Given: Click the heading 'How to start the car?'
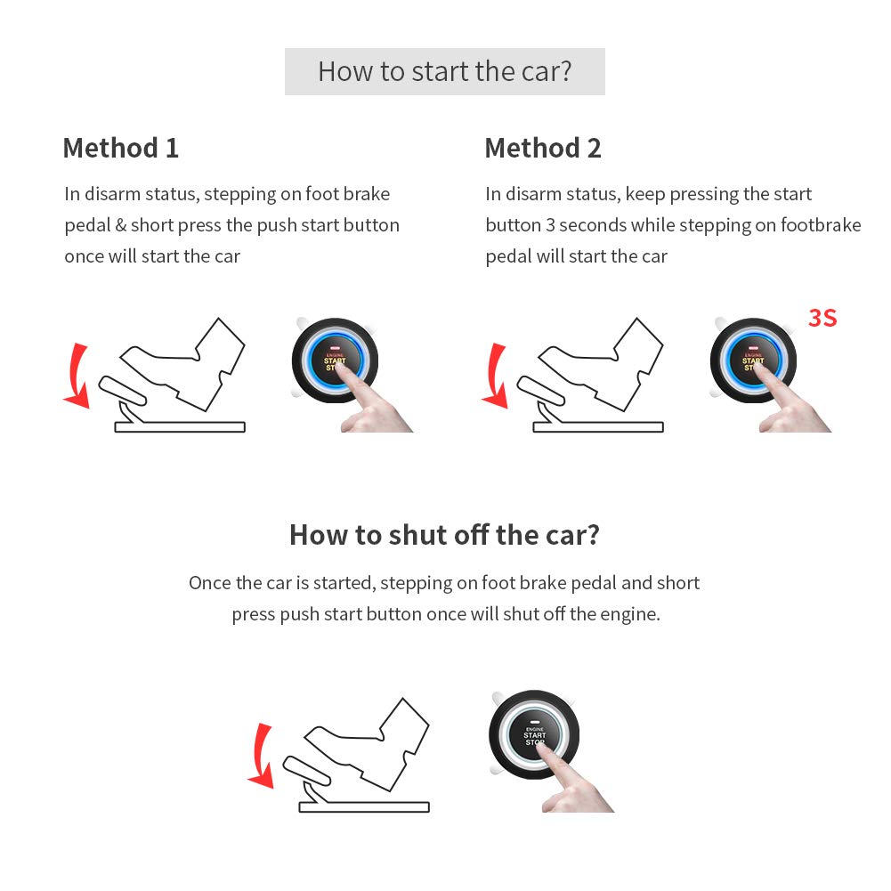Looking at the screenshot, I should point(444,71).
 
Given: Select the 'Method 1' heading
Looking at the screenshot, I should point(120,148).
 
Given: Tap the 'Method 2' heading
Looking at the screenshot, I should point(542,148).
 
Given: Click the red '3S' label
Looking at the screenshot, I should point(822,318).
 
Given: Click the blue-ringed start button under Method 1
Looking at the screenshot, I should point(334,359).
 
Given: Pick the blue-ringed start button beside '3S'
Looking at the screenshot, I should point(752,359).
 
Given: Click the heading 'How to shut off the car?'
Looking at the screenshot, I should point(444,534).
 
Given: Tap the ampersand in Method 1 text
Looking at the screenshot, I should point(121,225).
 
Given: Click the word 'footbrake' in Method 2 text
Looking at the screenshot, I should point(821,225).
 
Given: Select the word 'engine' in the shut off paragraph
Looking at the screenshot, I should point(630,614).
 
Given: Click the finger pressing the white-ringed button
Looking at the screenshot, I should point(579,783).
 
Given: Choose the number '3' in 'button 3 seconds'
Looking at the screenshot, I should point(552,225).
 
